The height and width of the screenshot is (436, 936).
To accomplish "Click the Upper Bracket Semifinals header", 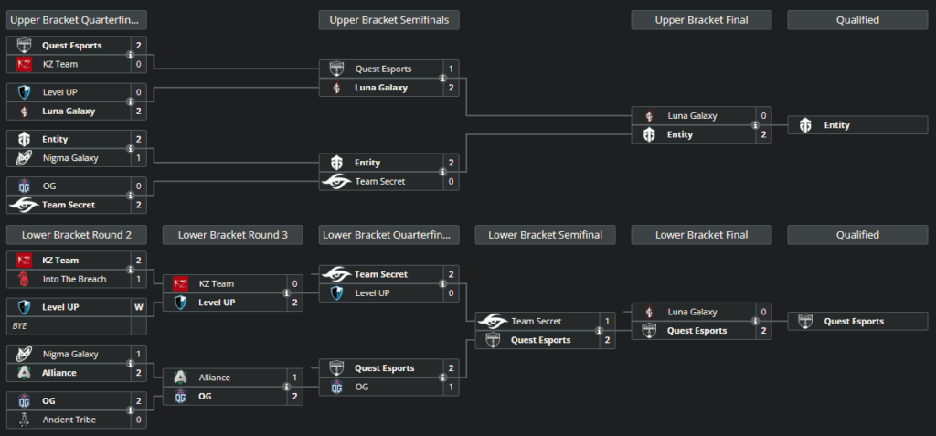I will (x=388, y=19).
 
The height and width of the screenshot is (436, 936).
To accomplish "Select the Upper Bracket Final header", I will (x=701, y=19).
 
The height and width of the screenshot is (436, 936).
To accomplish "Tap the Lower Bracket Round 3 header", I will (x=233, y=235).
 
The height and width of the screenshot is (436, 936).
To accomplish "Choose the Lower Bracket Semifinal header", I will (x=545, y=235).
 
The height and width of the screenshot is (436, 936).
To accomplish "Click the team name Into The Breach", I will (x=74, y=279).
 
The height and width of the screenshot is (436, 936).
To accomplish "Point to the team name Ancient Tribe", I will (x=69, y=420).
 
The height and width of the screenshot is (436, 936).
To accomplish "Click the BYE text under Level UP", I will (x=20, y=325).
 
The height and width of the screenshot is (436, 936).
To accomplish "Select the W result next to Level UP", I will (x=138, y=307).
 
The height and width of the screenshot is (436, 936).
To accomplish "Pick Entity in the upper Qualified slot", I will (x=836, y=125).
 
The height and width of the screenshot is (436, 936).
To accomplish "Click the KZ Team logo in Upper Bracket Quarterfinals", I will (x=25, y=64).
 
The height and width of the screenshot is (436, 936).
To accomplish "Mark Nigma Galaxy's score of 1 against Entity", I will (x=138, y=158).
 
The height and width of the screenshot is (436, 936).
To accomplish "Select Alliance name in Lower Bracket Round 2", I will (x=58, y=373).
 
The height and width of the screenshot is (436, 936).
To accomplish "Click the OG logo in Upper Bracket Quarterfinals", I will (x=25, y=186).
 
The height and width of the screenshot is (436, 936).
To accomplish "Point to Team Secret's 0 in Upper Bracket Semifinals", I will (x=451, y=181).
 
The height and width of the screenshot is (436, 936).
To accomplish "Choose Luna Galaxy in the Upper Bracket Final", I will (x=692, y=116).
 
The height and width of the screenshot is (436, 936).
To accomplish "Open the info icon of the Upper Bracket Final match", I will (x=755, y=125).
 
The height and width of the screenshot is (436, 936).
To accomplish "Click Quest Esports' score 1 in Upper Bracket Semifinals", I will (x=451, y=69).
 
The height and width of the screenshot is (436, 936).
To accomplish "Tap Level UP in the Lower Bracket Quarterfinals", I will (x=374, y=293).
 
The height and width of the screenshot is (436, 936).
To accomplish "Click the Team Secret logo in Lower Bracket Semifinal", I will (x=493, y=321).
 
